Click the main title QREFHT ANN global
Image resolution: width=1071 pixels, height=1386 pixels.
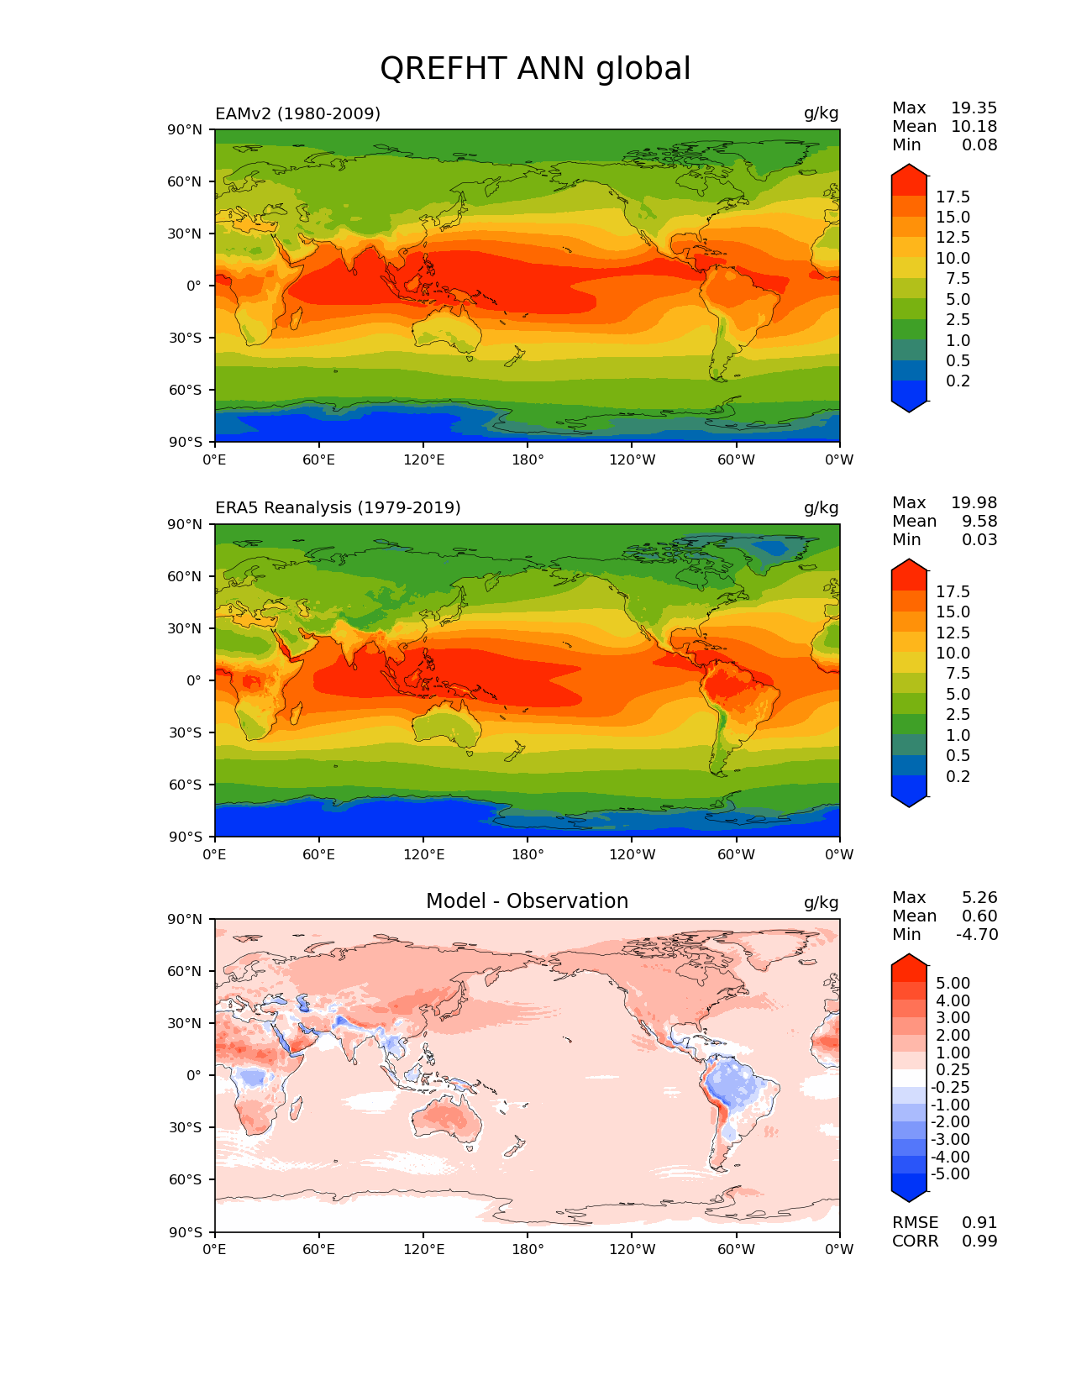[535, 69]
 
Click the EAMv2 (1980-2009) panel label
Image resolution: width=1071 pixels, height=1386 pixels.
[297, 113]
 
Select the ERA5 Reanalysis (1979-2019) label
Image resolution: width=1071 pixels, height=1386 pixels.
[338, 508]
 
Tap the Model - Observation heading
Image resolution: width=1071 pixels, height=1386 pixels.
[527, 901]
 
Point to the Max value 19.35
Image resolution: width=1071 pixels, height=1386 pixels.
[974, 108]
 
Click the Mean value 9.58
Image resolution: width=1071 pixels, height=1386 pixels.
[979, 522]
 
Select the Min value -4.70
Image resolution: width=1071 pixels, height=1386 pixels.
[977, 935]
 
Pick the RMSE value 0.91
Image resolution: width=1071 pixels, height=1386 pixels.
[979, 1223]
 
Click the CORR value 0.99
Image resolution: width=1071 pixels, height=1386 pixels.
[979, 1242]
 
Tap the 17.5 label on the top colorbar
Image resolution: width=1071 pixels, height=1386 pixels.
[953, 197]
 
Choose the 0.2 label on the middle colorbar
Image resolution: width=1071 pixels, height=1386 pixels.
[958, 777]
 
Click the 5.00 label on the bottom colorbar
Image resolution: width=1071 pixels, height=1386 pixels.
[953, 984]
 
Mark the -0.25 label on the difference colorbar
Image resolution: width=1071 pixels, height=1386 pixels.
[950, 1088]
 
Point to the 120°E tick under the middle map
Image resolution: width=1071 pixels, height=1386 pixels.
[423, 855]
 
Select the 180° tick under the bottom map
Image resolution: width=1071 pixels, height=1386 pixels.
[528, 1250]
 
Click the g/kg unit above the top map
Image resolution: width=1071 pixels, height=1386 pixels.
[821, 113]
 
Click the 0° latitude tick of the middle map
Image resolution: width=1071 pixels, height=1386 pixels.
[194, 681]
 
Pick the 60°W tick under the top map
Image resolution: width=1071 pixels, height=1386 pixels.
[736, 460]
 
